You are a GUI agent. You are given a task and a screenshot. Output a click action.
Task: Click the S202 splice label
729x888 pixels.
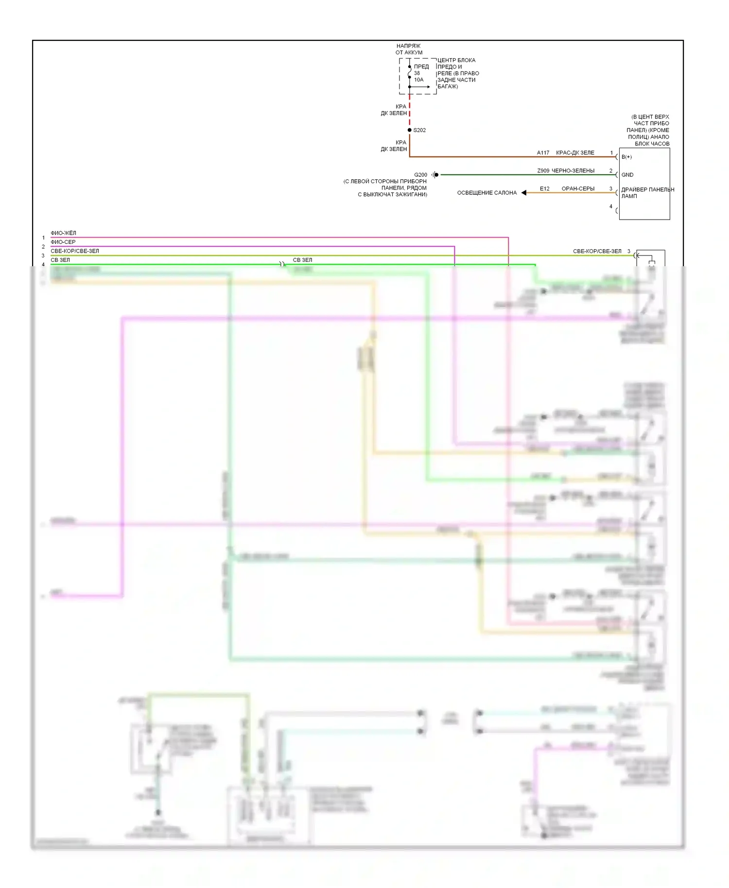click(x=419, y=130)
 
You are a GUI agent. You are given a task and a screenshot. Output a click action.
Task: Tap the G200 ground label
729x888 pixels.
click(x=420, y=175)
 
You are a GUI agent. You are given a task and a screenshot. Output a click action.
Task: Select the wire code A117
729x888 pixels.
click(x=543, y=153)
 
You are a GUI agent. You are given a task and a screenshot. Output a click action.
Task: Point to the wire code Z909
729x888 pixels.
click(x=543, y=171)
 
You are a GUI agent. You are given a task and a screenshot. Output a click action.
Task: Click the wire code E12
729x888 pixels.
click(x=544, y=188)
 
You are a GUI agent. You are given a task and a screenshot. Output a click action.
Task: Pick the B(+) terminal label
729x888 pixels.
click(x=626, y=157)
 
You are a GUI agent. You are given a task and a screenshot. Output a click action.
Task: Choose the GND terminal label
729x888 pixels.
click(x=627, y=175)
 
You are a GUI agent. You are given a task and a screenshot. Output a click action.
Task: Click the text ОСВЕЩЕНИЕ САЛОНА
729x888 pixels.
click(x=486, y=193)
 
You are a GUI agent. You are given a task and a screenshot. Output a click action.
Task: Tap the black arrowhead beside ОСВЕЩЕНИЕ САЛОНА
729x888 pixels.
click(x=524, y=193)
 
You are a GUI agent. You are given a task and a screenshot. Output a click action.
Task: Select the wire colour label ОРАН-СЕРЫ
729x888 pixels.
click(x=578, y=188)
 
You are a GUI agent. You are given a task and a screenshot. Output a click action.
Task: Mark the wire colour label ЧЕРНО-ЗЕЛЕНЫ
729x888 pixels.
click(x=573, y=171)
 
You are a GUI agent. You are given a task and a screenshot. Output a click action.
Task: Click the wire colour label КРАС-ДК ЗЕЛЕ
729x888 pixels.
click(x=575, y=153)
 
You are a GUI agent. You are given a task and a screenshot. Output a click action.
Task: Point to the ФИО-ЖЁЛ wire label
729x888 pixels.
click(x=63, y=233)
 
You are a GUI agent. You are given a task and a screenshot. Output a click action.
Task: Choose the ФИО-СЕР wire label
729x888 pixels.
click(x=63, y=242)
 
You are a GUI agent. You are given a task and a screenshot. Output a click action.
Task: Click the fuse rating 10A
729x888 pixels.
click(x=418, y=80)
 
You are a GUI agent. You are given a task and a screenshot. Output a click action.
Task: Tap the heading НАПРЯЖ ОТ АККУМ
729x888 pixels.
click(x=409, y=49)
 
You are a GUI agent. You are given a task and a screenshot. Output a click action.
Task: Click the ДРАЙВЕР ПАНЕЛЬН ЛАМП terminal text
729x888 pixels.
click(x=647, y=193)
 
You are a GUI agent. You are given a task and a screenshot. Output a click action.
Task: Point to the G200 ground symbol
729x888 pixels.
click(x=435, y=175)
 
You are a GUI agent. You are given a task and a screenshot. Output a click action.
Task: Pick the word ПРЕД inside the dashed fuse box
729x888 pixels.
click(x=421, y=67)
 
